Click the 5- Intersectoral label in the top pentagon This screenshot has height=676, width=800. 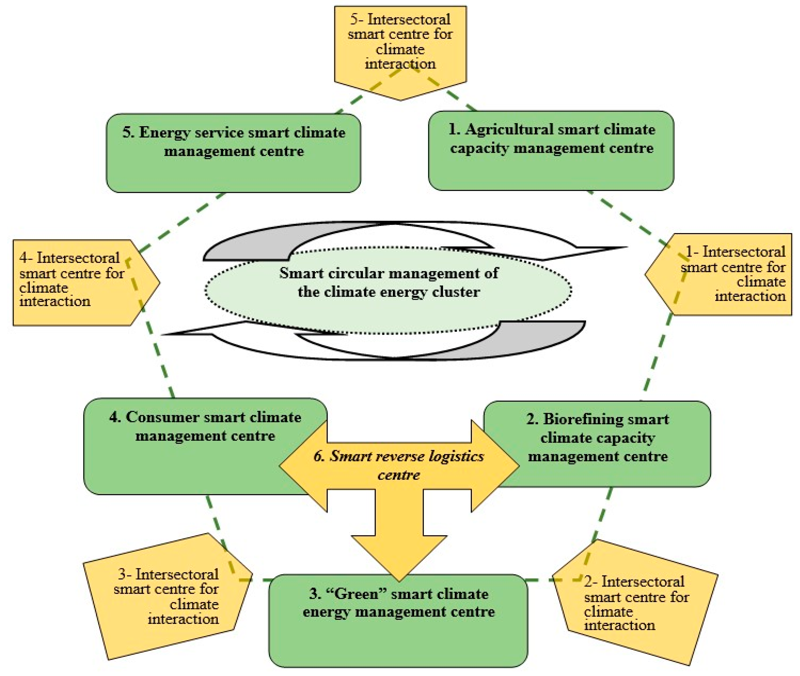tap(400, 19)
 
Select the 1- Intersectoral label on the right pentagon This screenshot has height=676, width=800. tap(735, 252)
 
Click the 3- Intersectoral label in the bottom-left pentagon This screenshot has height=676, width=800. tap(168, 574)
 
